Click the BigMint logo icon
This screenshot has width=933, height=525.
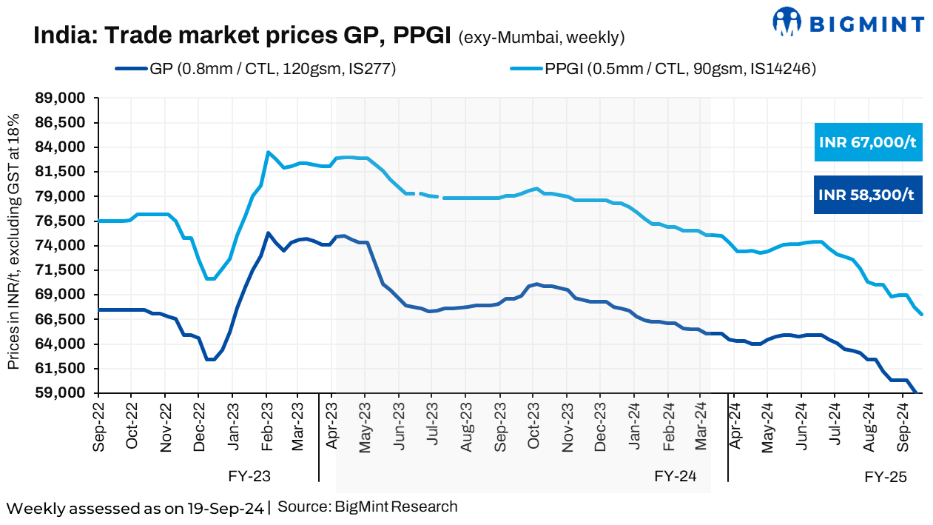coord(787,21)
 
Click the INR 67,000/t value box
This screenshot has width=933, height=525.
coord(868,142)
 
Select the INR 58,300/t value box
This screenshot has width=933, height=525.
coord(868,195)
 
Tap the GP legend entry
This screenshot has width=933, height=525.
coord(255,70)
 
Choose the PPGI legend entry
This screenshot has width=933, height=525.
coord(663,70)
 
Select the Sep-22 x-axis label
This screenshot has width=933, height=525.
coord(98,425)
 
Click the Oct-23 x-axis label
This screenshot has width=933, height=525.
coord(533,425)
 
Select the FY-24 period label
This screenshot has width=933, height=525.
coord(675,475)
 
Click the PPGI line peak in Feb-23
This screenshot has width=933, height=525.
coord(268,153)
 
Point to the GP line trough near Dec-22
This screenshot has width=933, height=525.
coord(210,359)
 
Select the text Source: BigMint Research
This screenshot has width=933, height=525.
coord(367,507)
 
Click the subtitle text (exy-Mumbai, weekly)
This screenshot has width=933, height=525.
coord(542,37)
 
